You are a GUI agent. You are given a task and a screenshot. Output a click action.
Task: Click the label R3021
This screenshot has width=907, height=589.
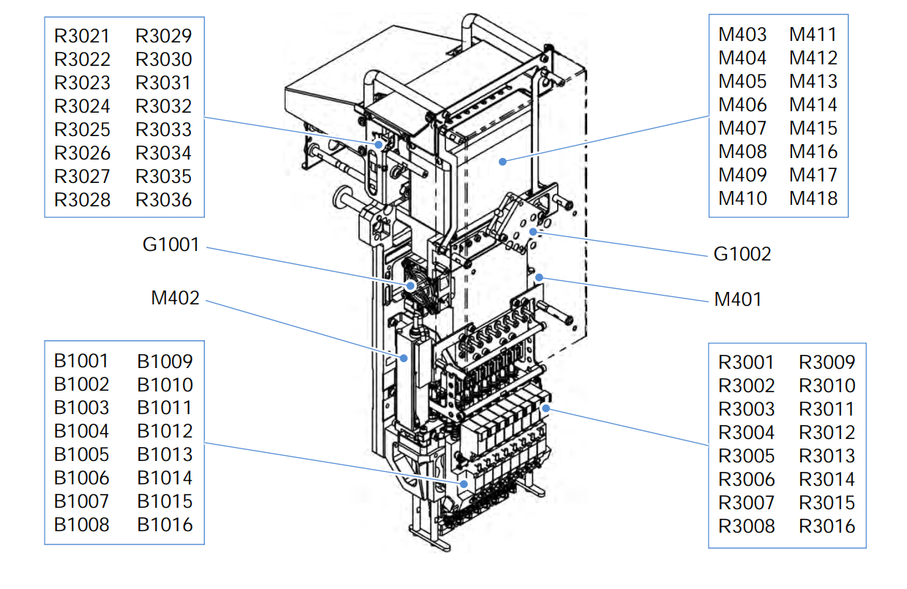(x=82, y=36)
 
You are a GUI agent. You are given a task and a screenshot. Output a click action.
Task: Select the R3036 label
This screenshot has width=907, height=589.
(x=164, y=200)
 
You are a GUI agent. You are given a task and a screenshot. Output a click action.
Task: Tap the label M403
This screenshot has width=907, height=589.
(x=742, y=34)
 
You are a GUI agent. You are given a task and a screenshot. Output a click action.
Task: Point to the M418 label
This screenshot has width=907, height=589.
(x=813, y=198)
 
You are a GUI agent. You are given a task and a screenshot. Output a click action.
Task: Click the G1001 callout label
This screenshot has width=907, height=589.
(x=171, y=244)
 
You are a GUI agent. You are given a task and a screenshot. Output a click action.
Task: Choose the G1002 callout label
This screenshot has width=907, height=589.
(x=742, y=254)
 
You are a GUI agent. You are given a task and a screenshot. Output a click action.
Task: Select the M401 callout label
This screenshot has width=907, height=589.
(x=738, y=299)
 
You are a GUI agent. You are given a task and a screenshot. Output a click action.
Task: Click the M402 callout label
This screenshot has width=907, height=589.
(x=175, y=298)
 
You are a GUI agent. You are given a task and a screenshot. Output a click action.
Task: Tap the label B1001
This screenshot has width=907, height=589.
(x=81, y=361)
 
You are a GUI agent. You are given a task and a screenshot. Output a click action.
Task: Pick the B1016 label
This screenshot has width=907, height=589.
(x=165, y=525)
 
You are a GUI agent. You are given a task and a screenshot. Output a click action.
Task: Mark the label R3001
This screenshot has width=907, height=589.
(x=746, y=362)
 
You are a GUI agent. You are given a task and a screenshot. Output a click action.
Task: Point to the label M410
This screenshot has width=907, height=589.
(x=742, y=198)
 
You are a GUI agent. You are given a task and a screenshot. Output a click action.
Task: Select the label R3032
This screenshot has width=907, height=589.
(x=164, y=106)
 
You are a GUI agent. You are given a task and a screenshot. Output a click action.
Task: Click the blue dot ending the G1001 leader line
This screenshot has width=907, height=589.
(x=412, y=285)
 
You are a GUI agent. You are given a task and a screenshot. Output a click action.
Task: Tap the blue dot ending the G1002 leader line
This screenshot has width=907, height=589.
(x=534, y=232)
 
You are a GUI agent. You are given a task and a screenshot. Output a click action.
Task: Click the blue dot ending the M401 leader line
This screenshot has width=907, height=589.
(x=540, y=277)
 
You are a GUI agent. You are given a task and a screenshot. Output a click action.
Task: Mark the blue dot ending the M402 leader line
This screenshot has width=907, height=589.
(x=404, y=358)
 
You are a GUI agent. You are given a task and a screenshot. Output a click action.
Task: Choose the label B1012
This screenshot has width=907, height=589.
(x=165, y=431)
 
